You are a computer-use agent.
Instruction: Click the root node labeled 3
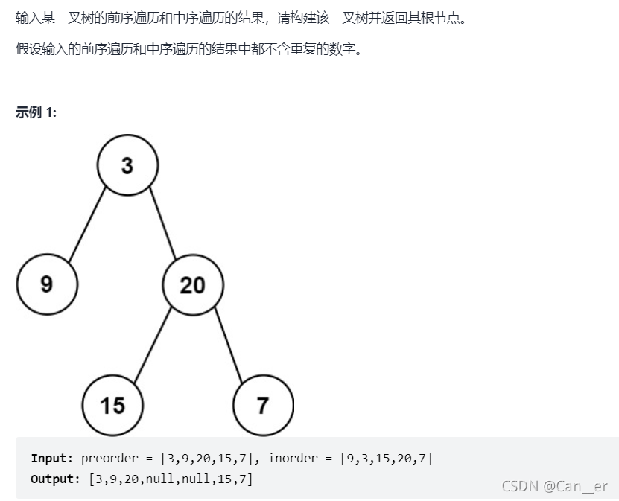127,165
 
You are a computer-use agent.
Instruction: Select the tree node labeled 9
47,284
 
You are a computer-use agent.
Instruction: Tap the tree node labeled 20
193,284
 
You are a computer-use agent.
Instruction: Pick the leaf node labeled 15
112,405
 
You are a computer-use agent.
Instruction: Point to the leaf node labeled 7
263,405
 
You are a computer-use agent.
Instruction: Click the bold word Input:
52,459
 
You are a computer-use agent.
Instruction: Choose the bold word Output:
55,479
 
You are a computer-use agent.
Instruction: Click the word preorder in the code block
110,459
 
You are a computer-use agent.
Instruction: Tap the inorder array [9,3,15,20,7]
386,459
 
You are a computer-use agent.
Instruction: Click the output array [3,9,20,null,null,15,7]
171,479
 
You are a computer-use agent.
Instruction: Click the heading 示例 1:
36,112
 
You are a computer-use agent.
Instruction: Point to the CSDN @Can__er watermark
554,486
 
